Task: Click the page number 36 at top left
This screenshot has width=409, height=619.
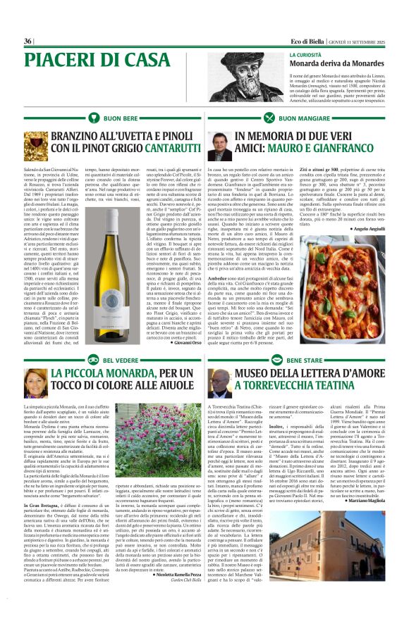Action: click(29, 41)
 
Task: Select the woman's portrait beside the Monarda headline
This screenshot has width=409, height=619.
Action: click(35, 383)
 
